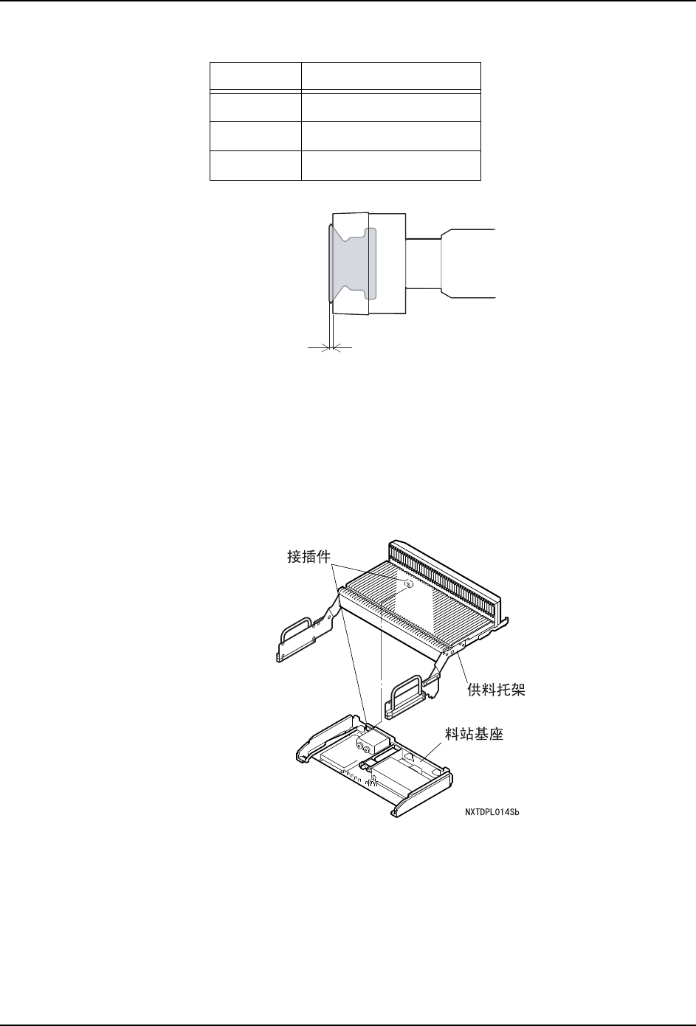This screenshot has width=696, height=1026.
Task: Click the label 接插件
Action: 309,558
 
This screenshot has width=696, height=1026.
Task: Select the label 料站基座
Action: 474,735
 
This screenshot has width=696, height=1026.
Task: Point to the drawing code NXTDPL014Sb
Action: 497,813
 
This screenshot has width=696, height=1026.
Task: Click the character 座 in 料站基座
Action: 495,735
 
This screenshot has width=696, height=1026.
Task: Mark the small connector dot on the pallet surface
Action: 407,583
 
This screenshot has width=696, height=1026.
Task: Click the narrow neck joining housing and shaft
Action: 423,263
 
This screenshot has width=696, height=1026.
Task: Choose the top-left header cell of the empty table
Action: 255,77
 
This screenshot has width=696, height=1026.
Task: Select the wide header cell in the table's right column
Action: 391,77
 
